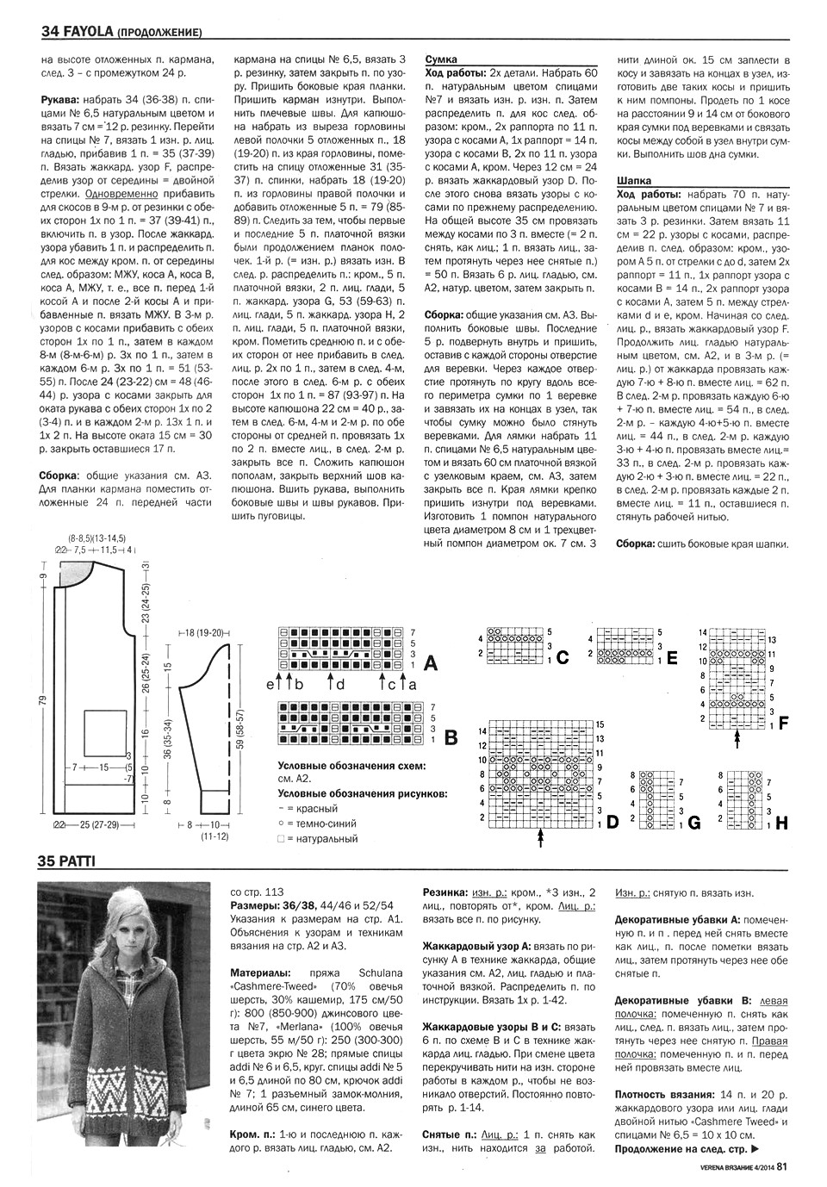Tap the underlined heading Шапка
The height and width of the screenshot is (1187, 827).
tap(635, 181)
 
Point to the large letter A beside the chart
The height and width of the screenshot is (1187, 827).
tap(432, 664)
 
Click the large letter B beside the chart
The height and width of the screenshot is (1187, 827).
tap(449, 736)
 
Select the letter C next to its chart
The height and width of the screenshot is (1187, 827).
tap(563, 659)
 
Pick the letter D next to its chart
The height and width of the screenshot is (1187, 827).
tap(612, 822)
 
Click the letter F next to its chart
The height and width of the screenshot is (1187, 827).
tap(783, 723)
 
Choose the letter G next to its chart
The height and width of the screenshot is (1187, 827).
tap(693, 823)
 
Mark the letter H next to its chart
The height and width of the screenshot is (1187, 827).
tap(781, 823)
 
